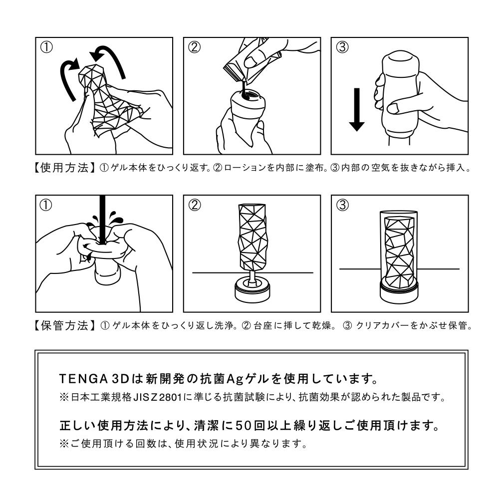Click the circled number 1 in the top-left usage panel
point(46,47)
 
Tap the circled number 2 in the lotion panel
point(194,47)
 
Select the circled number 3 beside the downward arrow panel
point(342,47)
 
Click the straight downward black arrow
point(357,109)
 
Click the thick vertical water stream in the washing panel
point(102,220)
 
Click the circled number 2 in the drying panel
point(195,205)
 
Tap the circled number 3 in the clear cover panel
point(342,205)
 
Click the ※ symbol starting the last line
point(64,444)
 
